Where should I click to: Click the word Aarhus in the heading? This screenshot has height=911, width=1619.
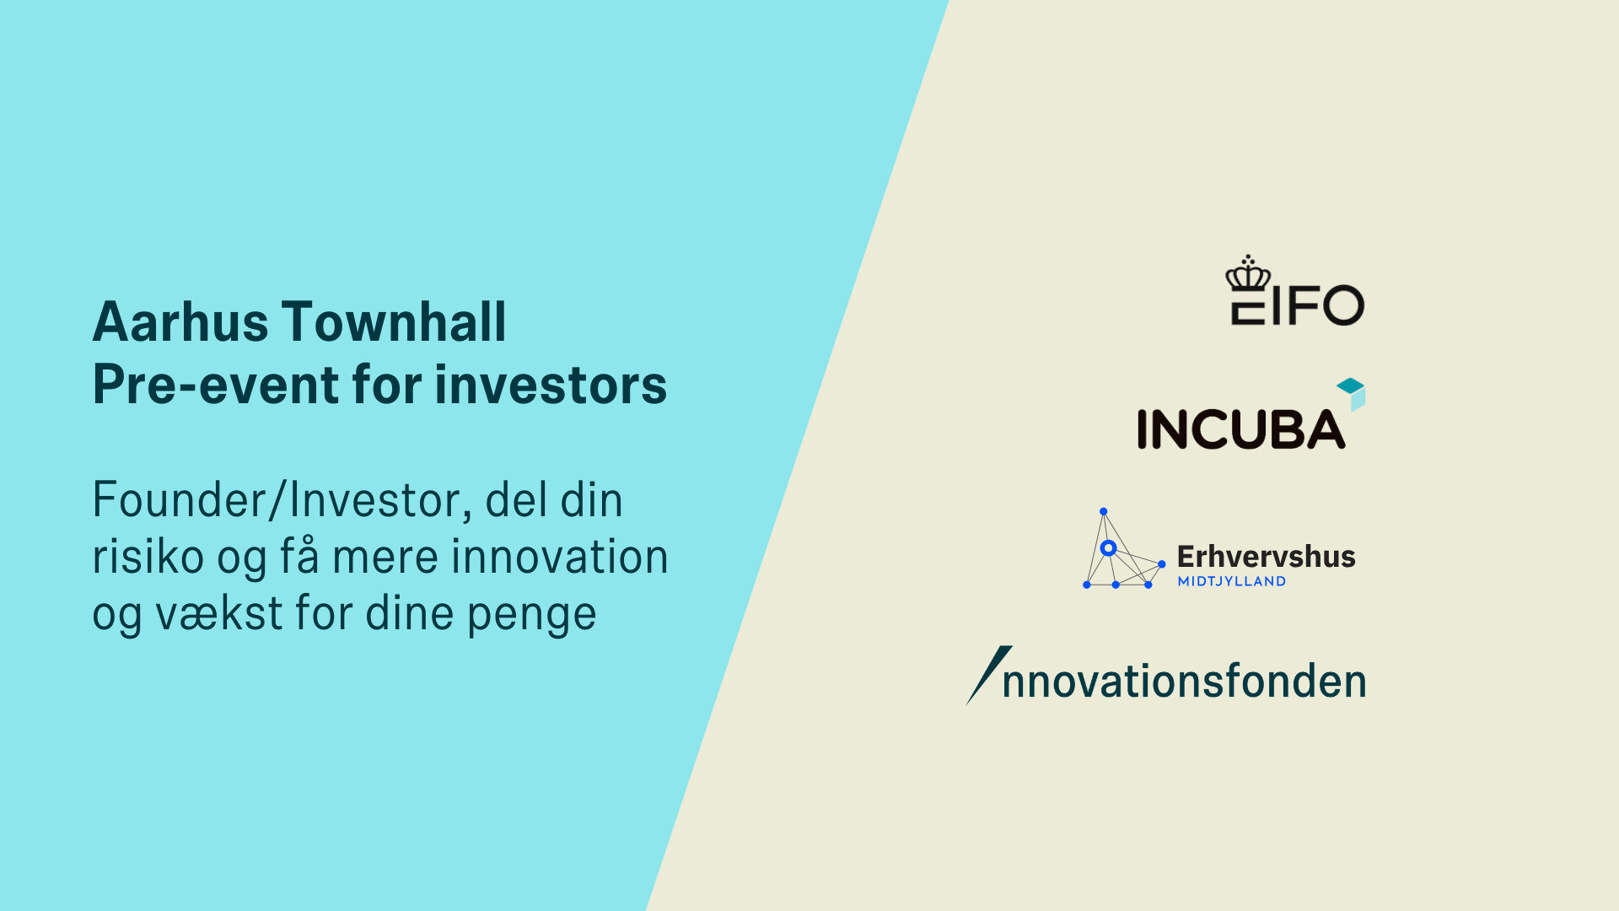point(180,322)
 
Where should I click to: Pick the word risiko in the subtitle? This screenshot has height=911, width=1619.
point(148,557)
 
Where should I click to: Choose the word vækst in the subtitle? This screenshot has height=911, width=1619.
point(219,613)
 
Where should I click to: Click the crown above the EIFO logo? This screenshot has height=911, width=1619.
point(1248,272)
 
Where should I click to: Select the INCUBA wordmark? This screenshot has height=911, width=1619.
point(1241,429)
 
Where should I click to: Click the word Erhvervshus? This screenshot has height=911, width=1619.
point(1267,557)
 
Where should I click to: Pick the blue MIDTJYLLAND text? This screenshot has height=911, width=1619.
point(1232,581)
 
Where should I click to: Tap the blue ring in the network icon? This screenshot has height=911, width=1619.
point(1109,548)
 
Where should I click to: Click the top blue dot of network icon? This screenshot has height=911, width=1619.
point(1103,512)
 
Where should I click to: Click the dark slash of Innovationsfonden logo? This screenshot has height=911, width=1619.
point(989,676)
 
